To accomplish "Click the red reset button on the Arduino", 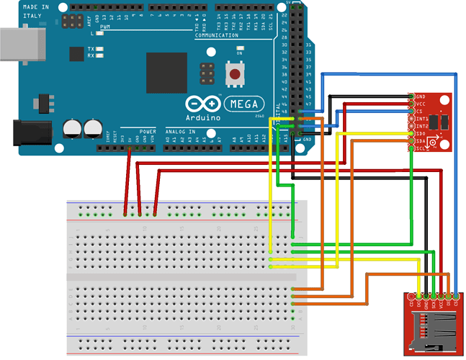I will coord(233,73).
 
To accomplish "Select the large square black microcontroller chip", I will coord(171,73).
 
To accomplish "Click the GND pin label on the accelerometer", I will coord(420,96).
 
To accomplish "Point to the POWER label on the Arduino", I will coord(148,132).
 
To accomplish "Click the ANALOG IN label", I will coord(181,132).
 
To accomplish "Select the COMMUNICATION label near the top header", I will coord(216,35).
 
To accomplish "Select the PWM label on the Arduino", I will coord(104,27).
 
